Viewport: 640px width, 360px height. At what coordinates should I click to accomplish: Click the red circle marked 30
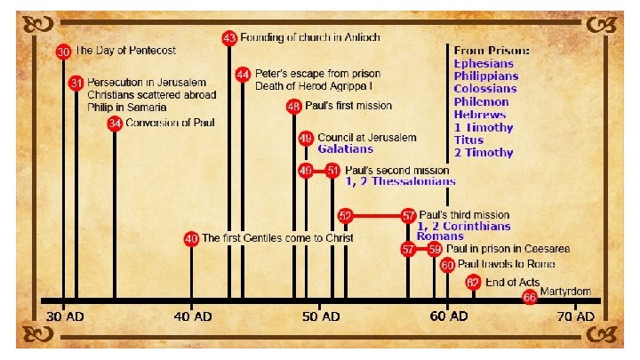coord(62,52)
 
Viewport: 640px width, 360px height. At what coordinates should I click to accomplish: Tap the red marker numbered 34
coord(115,124)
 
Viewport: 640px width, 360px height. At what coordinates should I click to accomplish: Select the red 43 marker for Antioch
coord(229,38)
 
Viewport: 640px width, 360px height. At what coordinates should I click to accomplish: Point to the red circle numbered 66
coord(530,297)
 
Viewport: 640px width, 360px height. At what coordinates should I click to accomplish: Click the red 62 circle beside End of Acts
coord(473,282)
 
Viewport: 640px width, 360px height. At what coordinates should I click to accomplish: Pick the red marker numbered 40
coord(191,238)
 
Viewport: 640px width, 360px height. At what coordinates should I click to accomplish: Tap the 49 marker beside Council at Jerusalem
coord(306,139)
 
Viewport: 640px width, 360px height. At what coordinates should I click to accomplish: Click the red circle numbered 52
coord(346,215)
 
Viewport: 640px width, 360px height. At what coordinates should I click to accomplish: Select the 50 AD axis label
coord(318,316)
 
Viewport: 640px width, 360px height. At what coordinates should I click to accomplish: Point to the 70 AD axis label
coord(576,316)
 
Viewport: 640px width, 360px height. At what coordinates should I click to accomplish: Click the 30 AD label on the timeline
coord(64,316)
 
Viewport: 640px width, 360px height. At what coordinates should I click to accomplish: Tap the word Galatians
coord(348,149)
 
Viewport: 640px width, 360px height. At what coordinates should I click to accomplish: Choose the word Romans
coord(440,236)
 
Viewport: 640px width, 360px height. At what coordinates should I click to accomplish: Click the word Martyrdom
coord(566,292)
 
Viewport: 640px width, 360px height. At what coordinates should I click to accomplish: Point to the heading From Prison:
coord(492,51)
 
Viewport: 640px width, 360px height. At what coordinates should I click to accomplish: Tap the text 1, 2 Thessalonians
coord(400,180)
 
